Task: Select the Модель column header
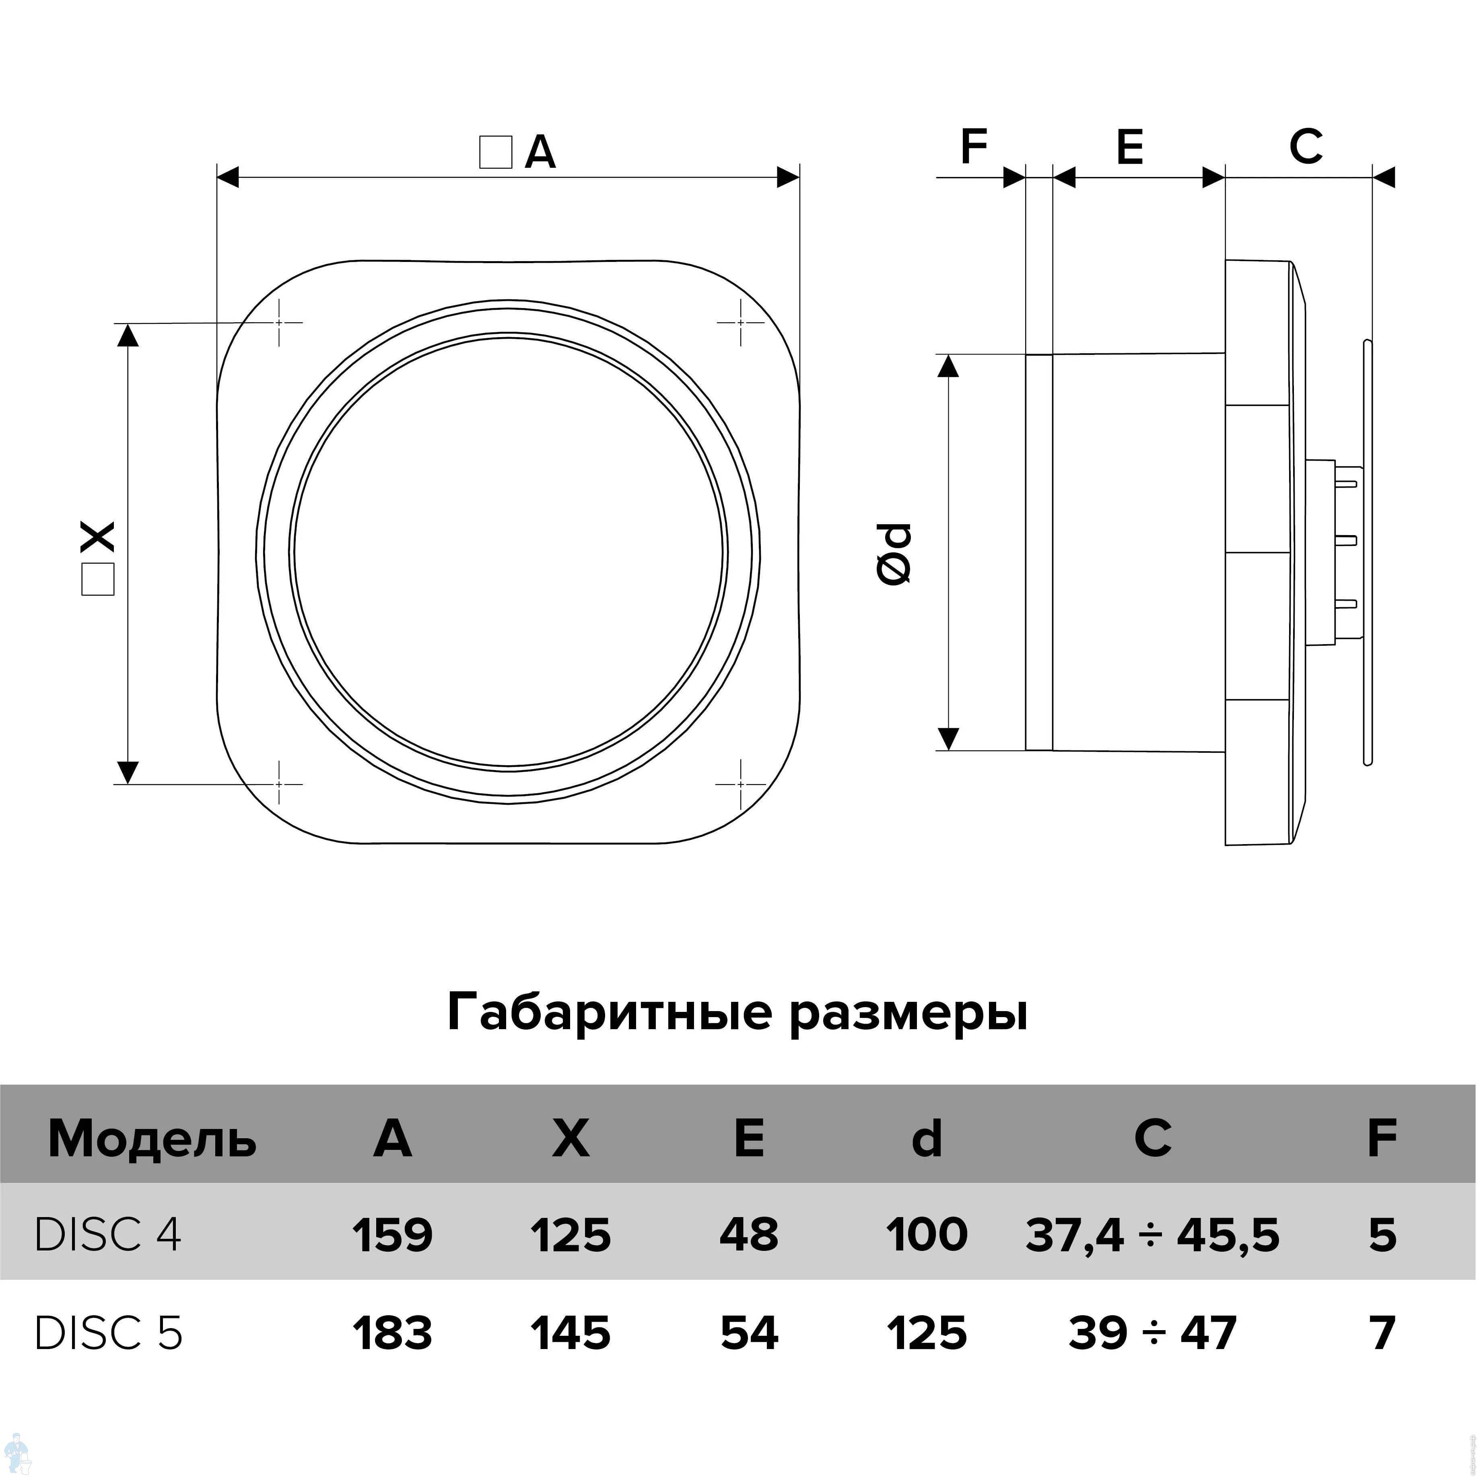(x=152, y=1139)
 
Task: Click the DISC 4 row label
(x=108, y=1235)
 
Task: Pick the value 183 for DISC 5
(x=393, y=1333)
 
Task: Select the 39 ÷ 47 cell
(x=1152, y=1333)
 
